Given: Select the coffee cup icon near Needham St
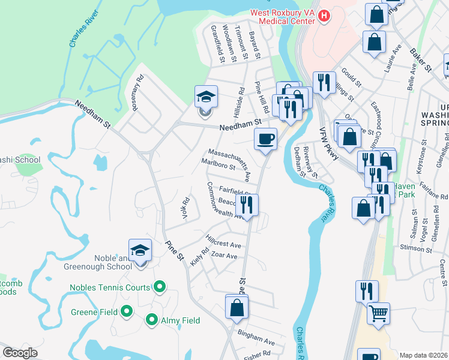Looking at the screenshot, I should point(265,140).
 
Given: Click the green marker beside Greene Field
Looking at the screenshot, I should point(126,311).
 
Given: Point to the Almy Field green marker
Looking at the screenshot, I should point(151,320).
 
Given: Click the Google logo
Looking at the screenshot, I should point(20,353).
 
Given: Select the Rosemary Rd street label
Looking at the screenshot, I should point(138,91).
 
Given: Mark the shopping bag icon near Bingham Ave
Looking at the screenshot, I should point(237,308).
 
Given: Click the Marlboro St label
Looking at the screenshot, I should point(218,166).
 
